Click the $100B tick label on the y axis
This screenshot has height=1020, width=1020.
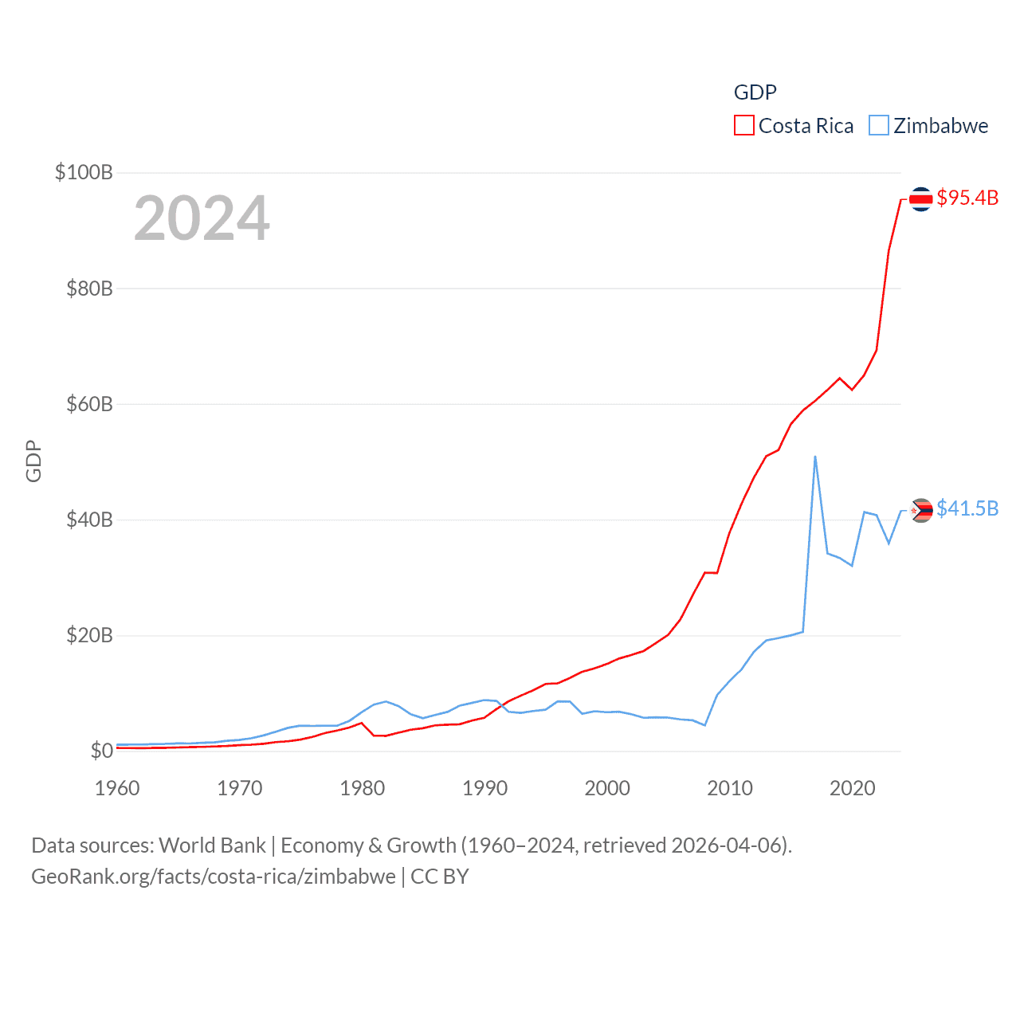(84, 172)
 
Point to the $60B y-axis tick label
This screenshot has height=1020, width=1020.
(89, 404)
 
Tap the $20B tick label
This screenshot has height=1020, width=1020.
(89, 635)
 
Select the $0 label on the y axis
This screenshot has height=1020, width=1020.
(101, 751)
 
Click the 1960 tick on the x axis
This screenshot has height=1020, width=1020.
(117, 788)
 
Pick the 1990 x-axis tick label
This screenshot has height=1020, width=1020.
(484, 788)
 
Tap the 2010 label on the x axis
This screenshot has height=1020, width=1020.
(730, 788)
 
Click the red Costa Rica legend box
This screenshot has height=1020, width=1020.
(744, 126)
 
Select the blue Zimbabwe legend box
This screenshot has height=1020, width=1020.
(879, 126)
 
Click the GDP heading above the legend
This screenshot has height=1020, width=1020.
(755, 92)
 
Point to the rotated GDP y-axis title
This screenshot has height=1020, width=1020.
(33, 461)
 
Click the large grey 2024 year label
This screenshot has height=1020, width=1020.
(202, 218)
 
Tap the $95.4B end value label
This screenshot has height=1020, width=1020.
(967, 198)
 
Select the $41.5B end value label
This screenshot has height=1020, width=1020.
(967, 508)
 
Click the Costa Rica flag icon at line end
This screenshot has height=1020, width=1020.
(921, 198)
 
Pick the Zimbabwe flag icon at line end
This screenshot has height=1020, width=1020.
(921, 510)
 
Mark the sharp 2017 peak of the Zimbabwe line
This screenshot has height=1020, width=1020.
(815, 457)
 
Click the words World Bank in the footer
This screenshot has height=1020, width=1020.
(213, 845)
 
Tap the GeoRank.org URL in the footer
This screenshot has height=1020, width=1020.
(214, 877)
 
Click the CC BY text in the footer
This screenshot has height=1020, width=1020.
(440, 877)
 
